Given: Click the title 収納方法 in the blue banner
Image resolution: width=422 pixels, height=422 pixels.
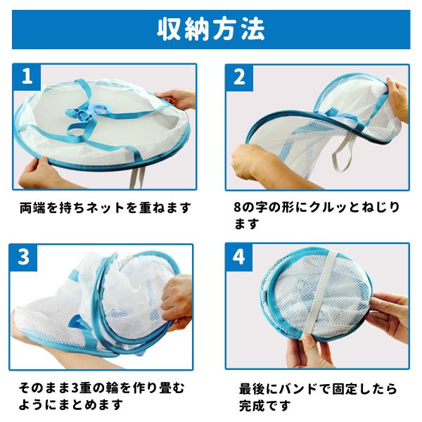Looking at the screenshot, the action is [211, 30].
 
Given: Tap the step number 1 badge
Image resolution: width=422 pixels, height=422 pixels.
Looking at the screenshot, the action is [27, 77].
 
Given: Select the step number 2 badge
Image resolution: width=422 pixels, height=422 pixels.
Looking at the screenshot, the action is [239, 77].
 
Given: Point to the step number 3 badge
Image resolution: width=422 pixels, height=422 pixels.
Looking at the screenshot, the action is [23, 257].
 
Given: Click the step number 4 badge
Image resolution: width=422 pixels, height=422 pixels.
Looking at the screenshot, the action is [238, 257].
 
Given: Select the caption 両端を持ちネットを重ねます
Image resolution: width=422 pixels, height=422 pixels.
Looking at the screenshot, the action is [105, 207].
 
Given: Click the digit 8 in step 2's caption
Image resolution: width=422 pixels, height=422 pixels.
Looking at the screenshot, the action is [237, 207].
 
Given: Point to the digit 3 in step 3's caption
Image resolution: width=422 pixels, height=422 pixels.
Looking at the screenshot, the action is [76, 388].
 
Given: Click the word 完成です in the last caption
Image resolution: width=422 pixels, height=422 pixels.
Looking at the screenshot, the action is [264, 406].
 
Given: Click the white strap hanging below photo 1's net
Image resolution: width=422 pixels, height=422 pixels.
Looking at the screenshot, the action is [136, 177].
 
